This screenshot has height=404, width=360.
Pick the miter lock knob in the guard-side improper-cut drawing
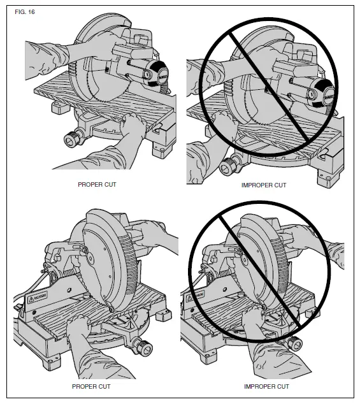pos(293,345)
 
